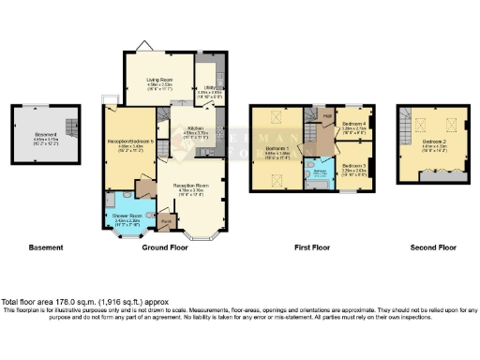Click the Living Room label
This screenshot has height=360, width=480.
pos(157,81)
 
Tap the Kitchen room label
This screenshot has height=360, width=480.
pos(195,128)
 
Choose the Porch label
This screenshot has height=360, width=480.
pos(166,222)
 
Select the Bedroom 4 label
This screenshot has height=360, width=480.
pos(353,124)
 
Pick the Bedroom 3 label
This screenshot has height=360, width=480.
pos(353,165)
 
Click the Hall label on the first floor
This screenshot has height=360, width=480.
pos(326,116)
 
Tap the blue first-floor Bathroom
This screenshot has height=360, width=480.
pos(321,172)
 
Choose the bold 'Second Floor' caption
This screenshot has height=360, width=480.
pos(432,247)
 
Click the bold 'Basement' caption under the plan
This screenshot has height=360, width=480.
pos(45,247)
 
